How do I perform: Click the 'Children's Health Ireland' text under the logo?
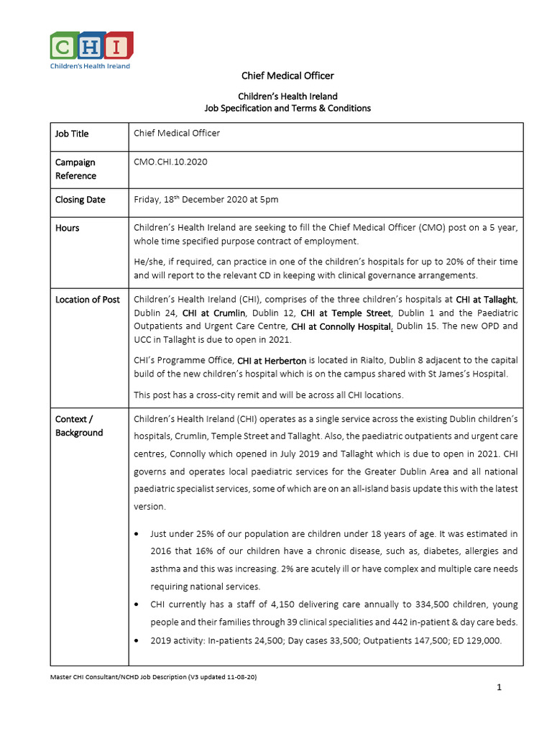click(90, 66)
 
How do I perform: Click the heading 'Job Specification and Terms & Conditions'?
click(287, 108)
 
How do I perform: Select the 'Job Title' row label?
click(72, 134)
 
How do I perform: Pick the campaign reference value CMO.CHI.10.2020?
click(170, 162)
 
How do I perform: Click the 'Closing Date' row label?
click(80, 200)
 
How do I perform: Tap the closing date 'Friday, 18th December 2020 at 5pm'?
click(206, 199)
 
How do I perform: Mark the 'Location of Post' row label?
click(88, 299)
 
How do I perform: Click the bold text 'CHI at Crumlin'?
click(214, 313)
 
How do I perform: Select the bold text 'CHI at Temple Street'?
click(345, 313)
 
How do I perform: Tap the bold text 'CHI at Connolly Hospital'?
click(341, 326)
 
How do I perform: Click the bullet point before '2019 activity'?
click(137, 639)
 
